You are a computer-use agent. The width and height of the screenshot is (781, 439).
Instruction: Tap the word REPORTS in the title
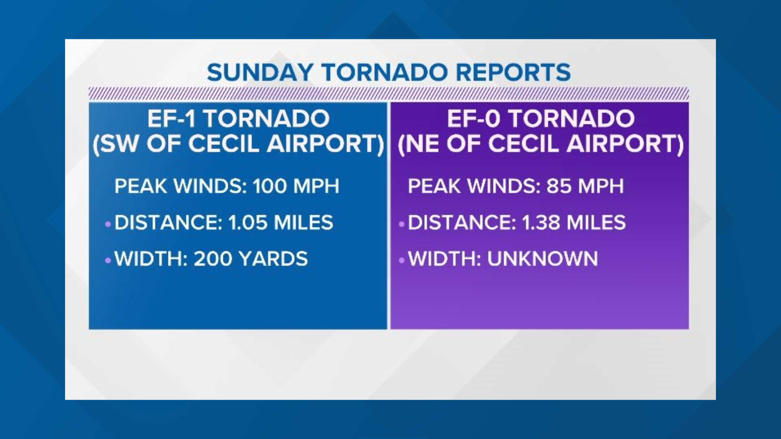pos(513,73)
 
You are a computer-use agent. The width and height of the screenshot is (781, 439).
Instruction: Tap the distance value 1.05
pos(248,222)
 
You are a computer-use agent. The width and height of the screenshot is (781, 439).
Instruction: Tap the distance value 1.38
pos(541,222)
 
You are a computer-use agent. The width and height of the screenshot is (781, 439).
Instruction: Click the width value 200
pos(213,259)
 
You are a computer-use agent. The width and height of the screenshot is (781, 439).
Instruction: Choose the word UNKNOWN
pos(543,259)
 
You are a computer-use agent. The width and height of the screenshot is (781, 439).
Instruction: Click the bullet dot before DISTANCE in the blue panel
pos(108,224)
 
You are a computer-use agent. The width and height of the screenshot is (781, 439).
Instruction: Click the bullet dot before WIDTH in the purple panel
pos(401,260)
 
